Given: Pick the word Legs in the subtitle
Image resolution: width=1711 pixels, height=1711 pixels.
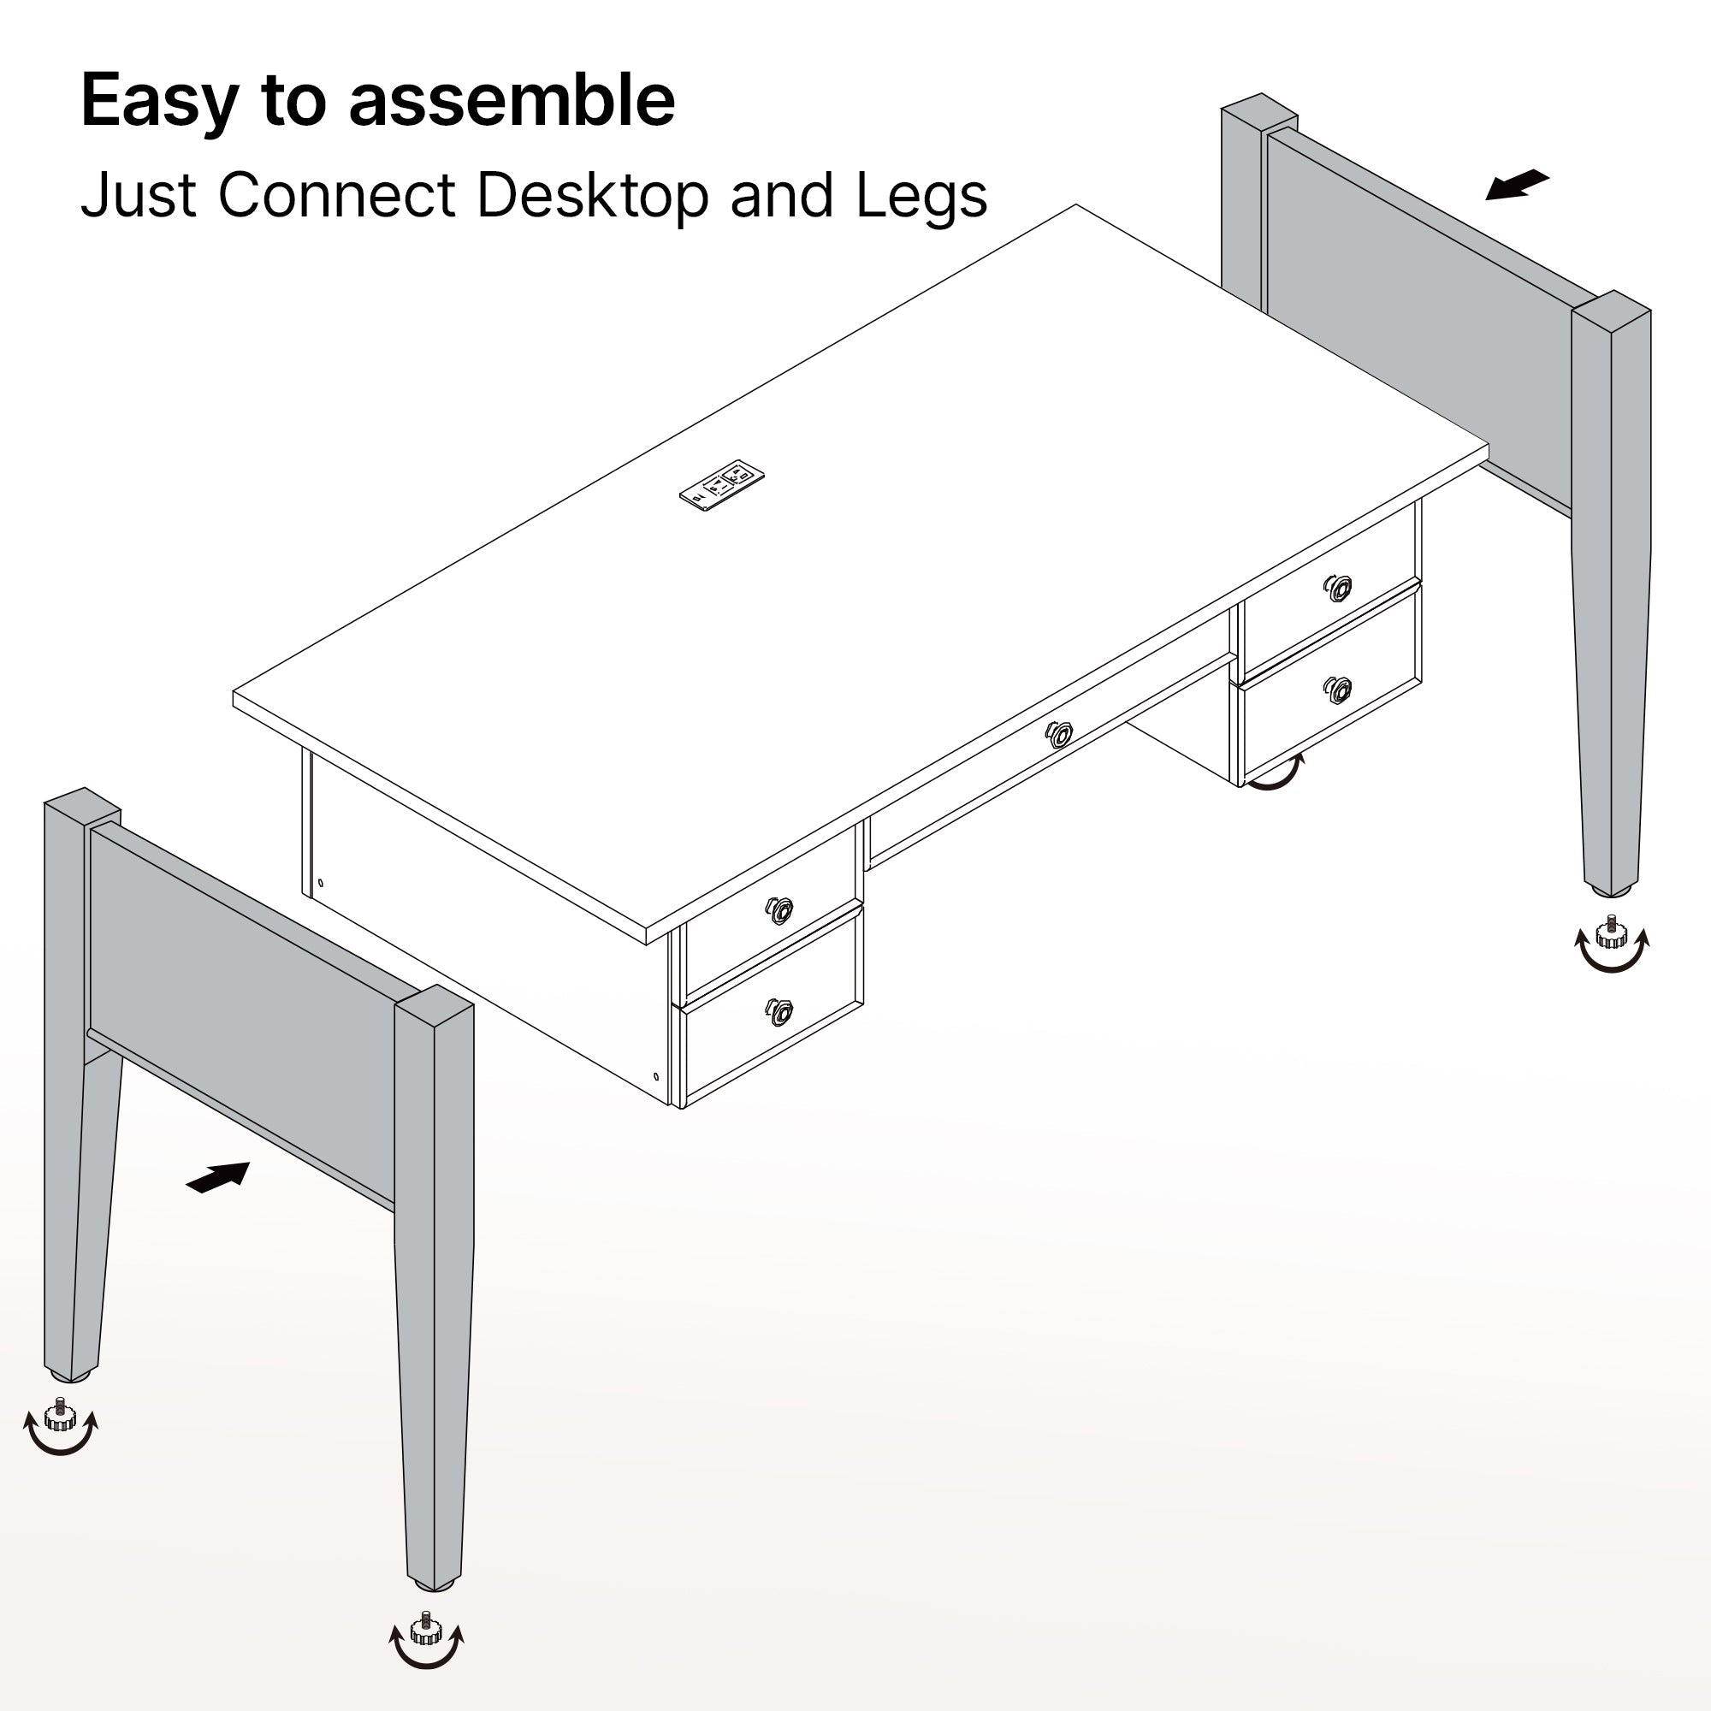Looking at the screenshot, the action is pos(921,197).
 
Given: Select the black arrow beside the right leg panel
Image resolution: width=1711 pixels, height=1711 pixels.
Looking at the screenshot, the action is pos(1517,185).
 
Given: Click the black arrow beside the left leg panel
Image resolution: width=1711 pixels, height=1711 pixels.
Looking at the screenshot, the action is pos(218,1177).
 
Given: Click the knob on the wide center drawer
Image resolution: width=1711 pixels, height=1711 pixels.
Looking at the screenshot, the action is pos(1059,734).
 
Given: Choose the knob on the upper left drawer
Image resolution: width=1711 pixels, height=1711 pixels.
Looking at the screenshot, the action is pos(779,909).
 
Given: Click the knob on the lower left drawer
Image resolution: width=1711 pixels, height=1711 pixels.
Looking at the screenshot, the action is pos(779,1011).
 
